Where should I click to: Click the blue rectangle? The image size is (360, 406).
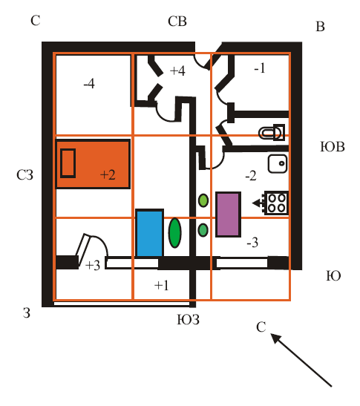(150, 233)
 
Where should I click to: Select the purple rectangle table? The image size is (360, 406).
(228, 215)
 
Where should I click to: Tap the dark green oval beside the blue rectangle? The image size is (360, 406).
(175, 233)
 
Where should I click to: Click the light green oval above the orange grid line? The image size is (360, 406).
(203, 200)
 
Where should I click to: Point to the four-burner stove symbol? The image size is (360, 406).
(276, 203)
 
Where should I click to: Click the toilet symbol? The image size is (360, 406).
(272, 133)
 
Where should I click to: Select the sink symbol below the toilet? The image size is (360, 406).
(278, 163)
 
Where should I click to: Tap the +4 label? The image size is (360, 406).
(177, 71)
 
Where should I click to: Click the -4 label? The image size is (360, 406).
(89, 84)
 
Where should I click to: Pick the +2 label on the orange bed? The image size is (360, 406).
(108, 174)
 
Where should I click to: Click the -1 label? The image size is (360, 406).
(260, 68)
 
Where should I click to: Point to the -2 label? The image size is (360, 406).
(251, 176)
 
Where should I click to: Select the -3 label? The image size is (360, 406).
(252, 243)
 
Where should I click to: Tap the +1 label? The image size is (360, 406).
(162, 285)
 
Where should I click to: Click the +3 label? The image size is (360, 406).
(93, 265)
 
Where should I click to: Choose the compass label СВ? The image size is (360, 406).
(177, 22)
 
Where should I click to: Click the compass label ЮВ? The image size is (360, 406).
(333, 147)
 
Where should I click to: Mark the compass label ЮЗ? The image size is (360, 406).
(189, 319)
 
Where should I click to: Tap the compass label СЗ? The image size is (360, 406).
(24, 174)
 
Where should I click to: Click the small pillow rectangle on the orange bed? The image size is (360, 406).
(68, 163)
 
